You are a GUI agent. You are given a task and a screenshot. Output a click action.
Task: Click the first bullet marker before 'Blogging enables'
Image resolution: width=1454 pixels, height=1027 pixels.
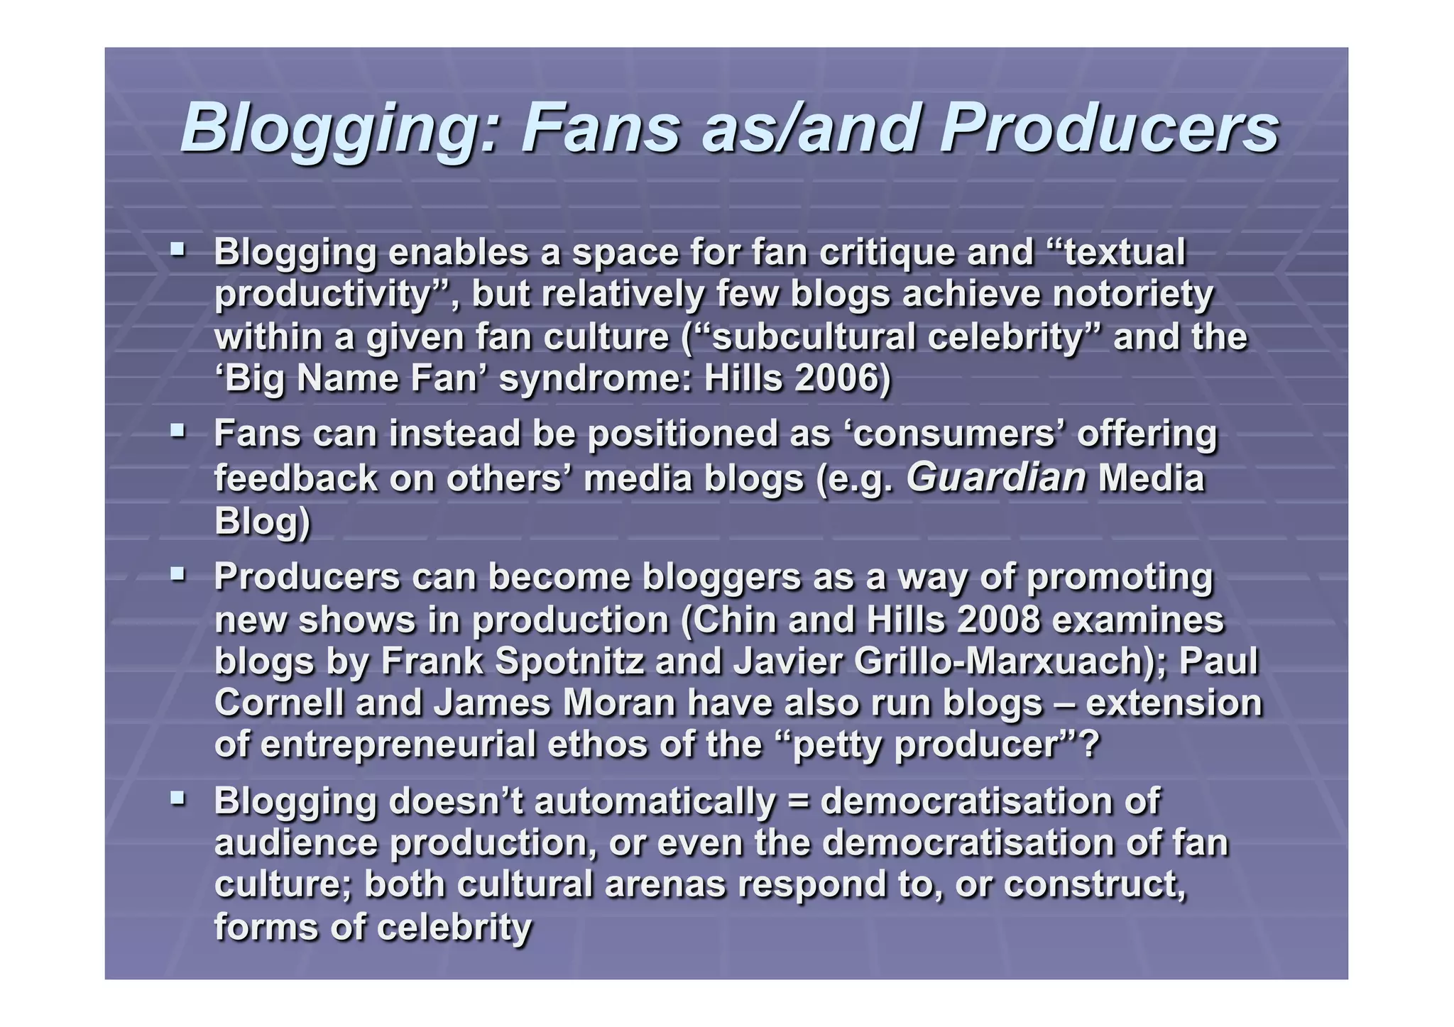coord(177,249)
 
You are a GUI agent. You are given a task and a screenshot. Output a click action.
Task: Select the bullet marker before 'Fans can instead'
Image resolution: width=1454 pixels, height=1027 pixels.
coord(177,430)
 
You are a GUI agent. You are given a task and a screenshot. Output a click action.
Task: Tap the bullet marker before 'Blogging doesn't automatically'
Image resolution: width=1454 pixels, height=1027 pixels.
coord(177,798)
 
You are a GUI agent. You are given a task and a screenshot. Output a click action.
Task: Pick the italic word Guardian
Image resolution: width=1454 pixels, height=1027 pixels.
coord(996,477)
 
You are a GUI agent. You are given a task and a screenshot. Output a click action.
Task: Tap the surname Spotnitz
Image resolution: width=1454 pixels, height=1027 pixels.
coord(569,661)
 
